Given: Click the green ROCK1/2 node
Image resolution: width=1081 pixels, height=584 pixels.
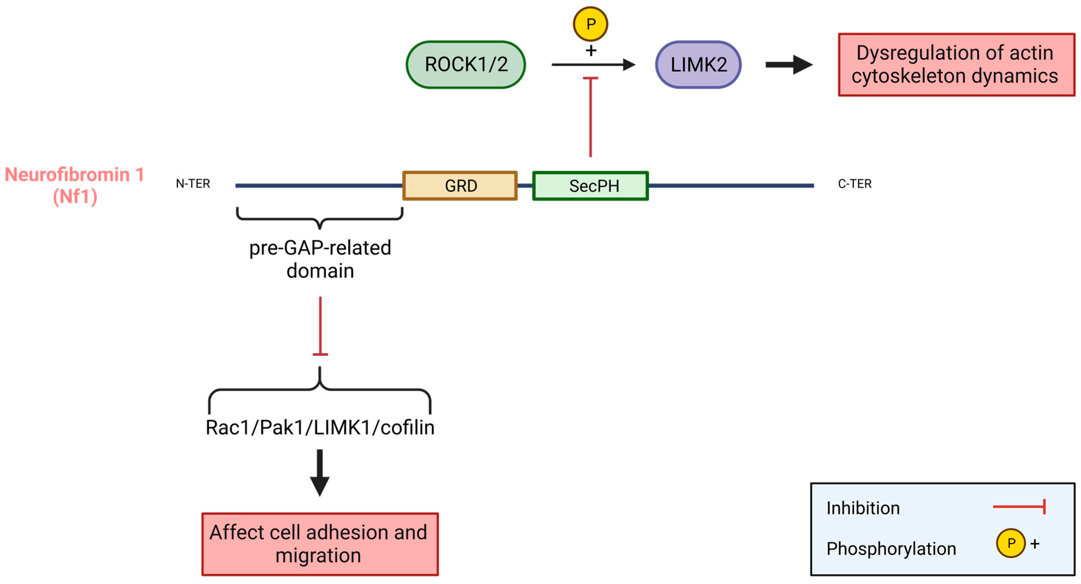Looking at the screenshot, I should [466, 65].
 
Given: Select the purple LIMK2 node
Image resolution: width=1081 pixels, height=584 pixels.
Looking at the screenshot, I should [698, 65].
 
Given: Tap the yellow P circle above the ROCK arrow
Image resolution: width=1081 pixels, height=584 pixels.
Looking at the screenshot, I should [590, 24].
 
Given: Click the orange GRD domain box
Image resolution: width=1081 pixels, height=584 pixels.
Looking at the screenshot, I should [460, 186].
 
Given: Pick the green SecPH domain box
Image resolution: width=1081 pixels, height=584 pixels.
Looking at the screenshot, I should [590, 186].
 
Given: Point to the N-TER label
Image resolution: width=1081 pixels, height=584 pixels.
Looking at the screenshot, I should [193, 184].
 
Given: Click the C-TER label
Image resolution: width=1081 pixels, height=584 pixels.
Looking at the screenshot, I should [855, 184].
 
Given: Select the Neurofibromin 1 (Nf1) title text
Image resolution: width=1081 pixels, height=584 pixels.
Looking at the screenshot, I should [75, 185].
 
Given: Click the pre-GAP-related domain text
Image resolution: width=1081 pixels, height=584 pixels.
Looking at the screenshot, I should [320, 259].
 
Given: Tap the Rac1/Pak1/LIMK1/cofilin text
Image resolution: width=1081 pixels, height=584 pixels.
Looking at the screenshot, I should [320, 427].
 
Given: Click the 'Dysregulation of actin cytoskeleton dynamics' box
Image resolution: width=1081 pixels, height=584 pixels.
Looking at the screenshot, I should [956, 65].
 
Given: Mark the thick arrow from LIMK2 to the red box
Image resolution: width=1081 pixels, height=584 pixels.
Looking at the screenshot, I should [789, 65].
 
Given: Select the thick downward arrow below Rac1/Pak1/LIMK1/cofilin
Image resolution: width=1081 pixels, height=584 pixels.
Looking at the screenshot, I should [320, 472].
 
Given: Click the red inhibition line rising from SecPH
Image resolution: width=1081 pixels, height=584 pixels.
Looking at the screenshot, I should [590, 117].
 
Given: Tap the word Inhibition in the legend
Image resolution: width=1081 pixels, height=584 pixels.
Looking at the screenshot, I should [863, 508].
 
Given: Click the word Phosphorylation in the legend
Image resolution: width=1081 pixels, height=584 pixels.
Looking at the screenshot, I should [891, 549].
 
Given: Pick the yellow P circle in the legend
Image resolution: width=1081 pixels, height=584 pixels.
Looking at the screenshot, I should [1011, 543].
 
